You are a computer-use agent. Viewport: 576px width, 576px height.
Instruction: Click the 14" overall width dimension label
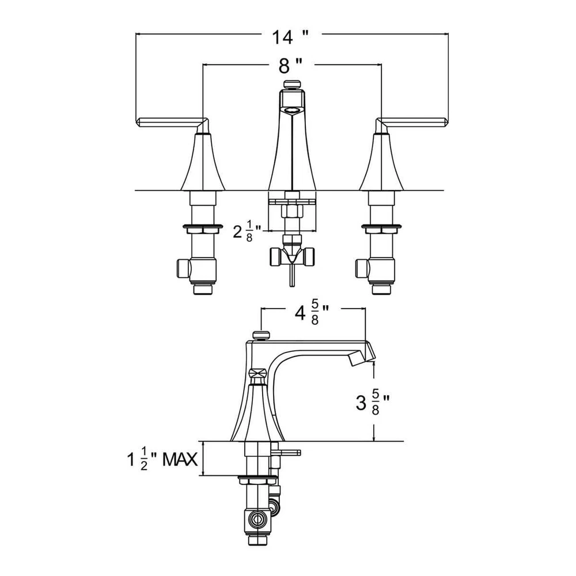click(x=290, y=37)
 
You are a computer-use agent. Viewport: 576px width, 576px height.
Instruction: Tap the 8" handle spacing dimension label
click(x=290, y=66)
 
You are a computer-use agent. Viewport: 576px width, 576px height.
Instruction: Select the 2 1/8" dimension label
click(x=247, y=232)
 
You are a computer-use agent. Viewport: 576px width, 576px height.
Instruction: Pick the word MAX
click(x=180, y=460)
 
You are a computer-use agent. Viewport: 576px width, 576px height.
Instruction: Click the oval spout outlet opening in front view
click(x=292, y=109)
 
